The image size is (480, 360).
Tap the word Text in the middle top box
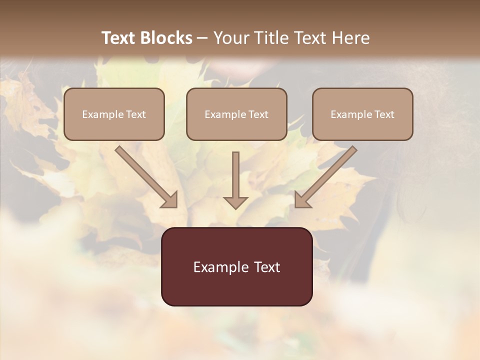tap(258, 114)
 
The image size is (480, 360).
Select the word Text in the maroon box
tap(267, 267)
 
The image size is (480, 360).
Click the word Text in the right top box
tap(384, 114)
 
